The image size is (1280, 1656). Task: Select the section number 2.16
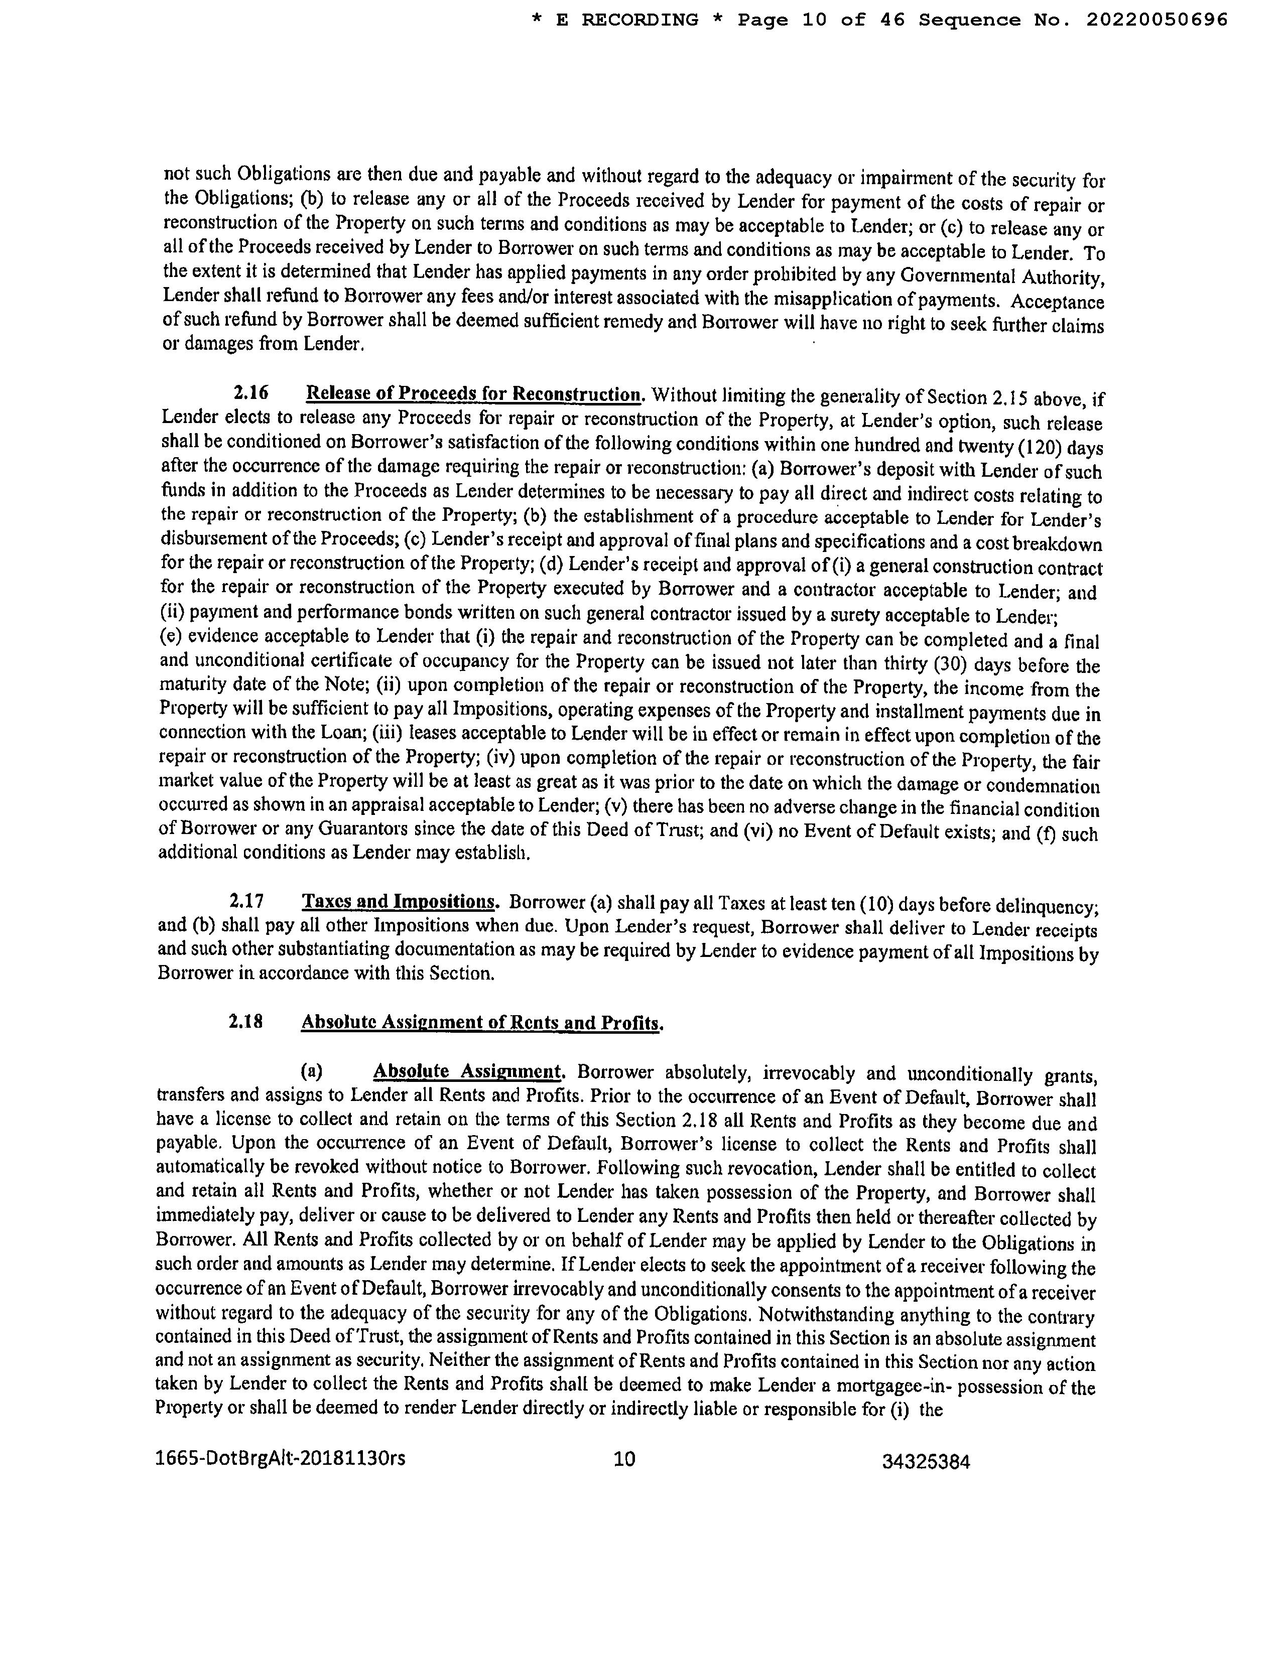point(250,394)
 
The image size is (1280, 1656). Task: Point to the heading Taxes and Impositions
point(400,902)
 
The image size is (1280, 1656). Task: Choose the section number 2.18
point(245,1021)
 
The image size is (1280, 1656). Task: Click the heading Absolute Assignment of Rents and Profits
point(481,1023)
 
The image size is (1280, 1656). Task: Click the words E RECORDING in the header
point(626,21)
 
